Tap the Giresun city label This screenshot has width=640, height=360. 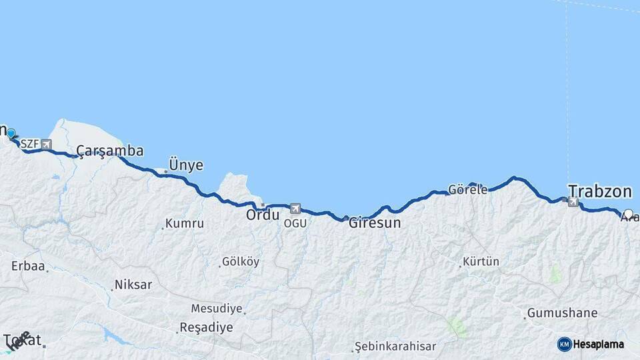coord(375,223)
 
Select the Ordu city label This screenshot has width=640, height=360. coord(262,215)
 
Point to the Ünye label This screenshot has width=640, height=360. coord(186,165)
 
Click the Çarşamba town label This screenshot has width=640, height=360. coord(109,151)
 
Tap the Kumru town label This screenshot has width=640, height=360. coord(185,223)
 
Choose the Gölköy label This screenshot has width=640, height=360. coord(240,262)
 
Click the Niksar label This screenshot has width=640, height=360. coord(133,285)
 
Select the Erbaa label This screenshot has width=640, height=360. coord(28,266)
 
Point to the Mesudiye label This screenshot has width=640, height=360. coord(217,309)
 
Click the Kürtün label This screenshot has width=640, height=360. coord(481,261)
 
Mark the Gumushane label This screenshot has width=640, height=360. coord(562,313)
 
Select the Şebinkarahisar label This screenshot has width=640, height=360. coord(395,346)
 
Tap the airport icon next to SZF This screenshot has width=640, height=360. coord(45,144)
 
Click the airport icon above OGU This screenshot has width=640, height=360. coord(295,209)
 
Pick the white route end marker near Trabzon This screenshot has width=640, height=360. coord(628,214)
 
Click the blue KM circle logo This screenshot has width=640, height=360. coord(564,344)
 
